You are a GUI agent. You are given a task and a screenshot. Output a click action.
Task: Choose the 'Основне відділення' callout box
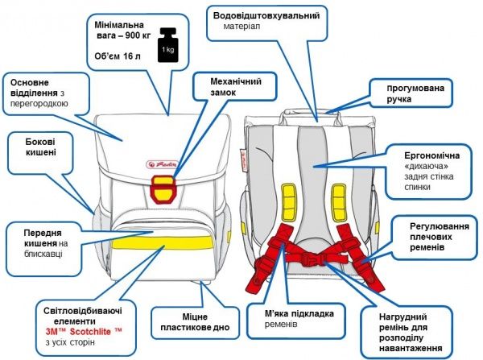[49, 93]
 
